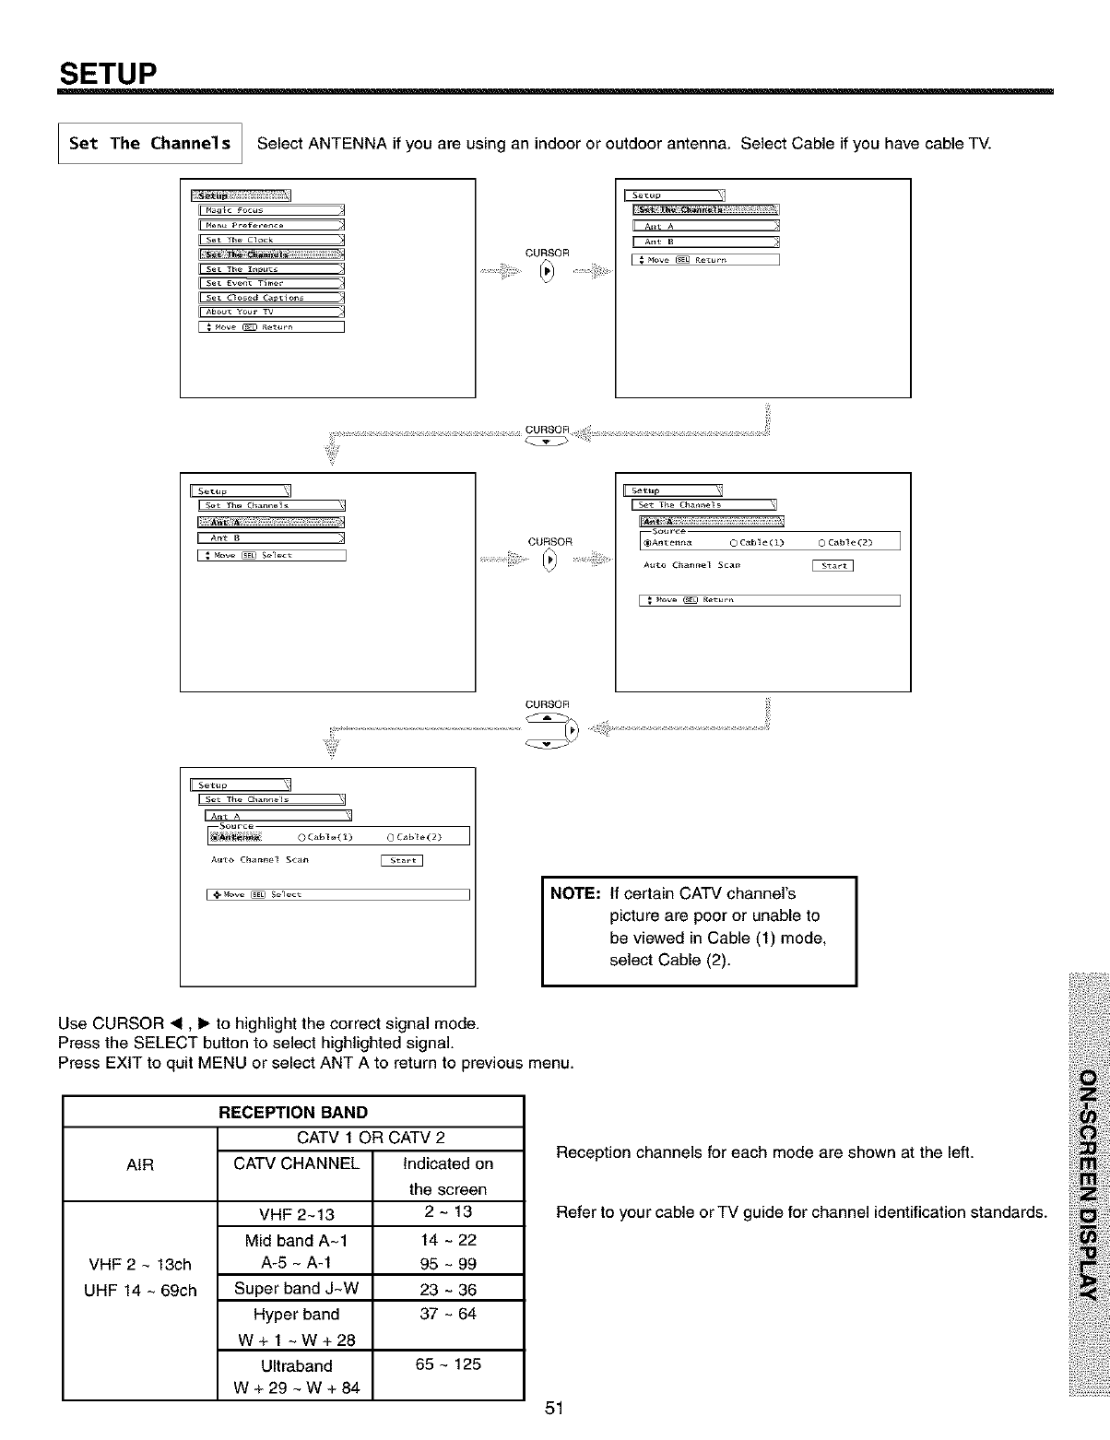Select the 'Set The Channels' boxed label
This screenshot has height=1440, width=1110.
[149, 143]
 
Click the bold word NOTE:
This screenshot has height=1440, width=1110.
[576, 893]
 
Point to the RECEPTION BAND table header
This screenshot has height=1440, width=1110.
[293, 1112]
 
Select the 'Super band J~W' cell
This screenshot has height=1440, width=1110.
[296, 1288]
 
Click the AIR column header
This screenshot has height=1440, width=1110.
[139, 1164]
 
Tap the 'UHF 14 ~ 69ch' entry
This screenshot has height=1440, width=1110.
[140, 1290]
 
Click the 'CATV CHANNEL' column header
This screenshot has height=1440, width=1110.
[296, 1163]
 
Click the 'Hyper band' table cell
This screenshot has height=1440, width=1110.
[296, 1314]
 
